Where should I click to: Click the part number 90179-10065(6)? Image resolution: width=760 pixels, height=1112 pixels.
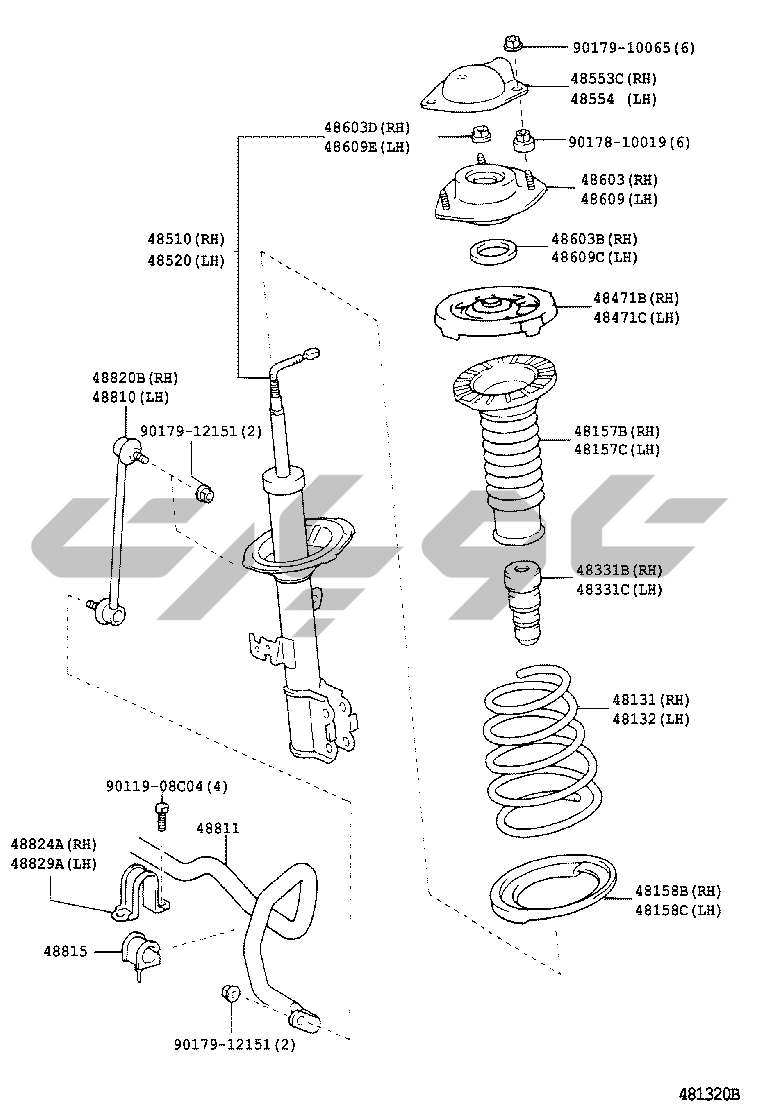633,47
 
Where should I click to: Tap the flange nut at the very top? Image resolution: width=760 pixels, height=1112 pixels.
511,43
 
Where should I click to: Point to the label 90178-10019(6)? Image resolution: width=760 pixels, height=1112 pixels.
629,142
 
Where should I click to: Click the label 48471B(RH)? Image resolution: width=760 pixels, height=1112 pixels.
635,298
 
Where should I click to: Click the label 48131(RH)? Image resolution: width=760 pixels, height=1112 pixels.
651,699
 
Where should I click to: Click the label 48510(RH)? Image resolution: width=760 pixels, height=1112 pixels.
186,240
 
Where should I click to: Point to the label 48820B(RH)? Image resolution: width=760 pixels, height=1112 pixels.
135,377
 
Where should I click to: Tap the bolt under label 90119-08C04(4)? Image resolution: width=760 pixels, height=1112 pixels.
162,813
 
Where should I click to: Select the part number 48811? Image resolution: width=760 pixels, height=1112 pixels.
217,828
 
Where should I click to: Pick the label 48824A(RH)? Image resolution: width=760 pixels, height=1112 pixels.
53,843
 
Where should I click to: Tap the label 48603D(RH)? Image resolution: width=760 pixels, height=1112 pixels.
366,127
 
